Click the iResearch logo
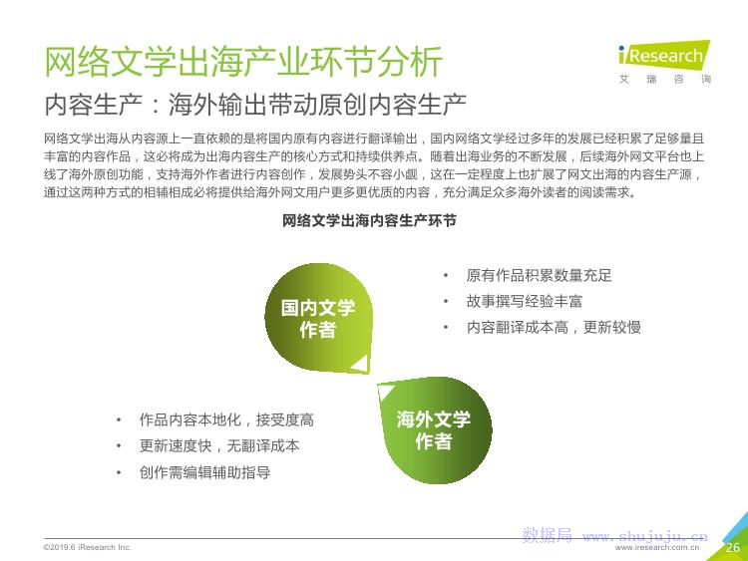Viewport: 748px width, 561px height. click(664, 62)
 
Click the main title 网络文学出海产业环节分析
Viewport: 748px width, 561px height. click(243, 62)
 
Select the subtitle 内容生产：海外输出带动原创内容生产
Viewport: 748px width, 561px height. click(255, 105)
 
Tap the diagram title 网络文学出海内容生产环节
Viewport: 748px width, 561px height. click(369, 220)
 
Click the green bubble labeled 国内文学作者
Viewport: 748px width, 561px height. click(318, 318)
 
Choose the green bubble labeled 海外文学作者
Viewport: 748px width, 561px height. click(434, 430)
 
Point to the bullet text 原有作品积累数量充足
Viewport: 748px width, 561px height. click(539, 275)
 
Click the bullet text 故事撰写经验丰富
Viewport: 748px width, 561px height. click(525, 301)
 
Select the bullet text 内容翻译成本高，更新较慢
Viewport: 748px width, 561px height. click(554, 327)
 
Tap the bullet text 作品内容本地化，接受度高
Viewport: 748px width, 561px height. click(226, 420)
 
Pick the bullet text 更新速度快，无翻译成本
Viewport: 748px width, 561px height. click(219, 446)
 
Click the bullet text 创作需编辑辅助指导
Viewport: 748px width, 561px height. click(204, 472)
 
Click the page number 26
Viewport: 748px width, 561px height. click(733, 547)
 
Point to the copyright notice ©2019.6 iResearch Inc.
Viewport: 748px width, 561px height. click(88, 547)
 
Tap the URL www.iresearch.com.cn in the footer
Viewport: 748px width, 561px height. click(657, 548)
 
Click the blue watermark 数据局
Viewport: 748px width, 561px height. click(547, 535)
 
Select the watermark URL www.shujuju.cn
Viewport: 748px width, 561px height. click(645, 536)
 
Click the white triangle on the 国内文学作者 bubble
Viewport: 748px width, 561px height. click(362, 365)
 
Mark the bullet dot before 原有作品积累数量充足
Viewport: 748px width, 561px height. click(446, 275)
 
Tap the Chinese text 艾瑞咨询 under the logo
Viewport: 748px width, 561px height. click(664, 79)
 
